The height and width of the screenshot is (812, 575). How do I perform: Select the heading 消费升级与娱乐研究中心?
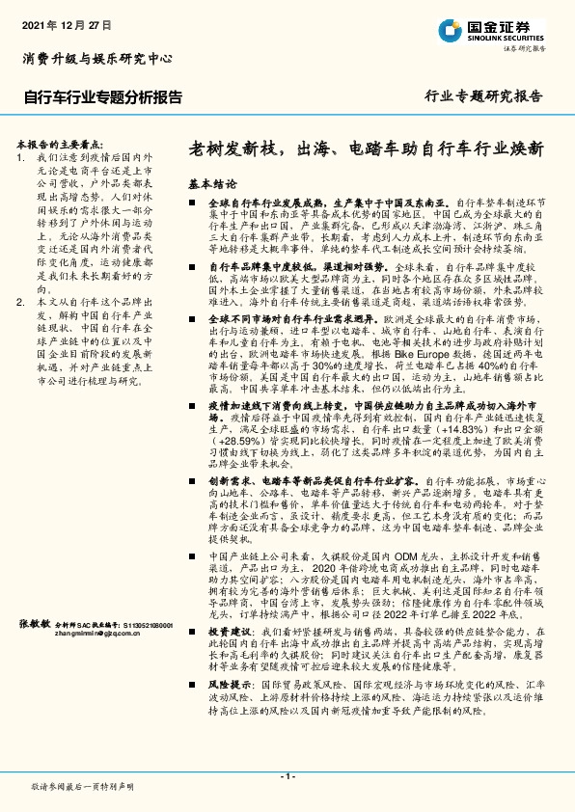coord(97,58)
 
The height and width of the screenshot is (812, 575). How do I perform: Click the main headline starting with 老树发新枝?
coord(366,149)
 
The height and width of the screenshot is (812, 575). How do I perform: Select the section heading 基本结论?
coord(212,183)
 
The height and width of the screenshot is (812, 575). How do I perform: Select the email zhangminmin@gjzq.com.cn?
coord(99,635)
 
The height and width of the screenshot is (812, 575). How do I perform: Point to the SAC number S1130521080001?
coord(141,625)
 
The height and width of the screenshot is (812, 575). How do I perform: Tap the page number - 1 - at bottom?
coord(287,776)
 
